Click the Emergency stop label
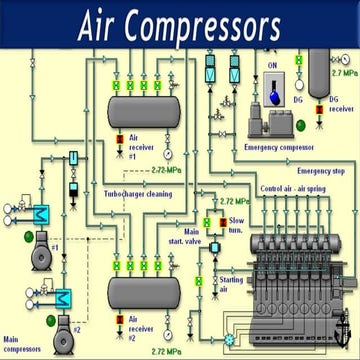click(321, 171)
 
